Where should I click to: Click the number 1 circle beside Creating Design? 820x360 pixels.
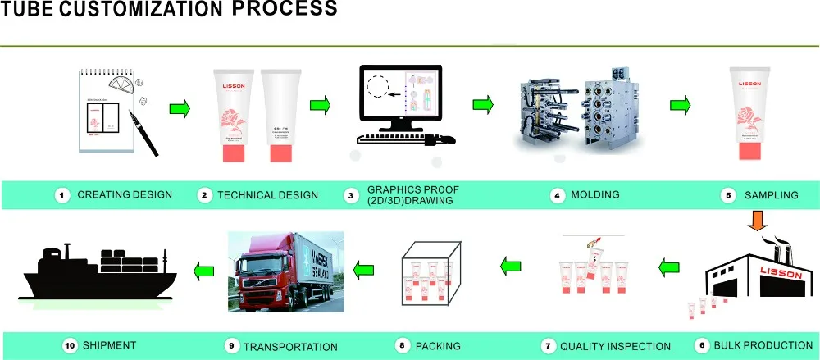[61, 195]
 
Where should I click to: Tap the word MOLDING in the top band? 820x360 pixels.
[596, 195]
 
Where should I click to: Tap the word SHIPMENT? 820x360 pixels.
[111, 345]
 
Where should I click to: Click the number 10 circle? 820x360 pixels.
[70, 345]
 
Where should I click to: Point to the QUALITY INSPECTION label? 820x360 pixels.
[615, 346]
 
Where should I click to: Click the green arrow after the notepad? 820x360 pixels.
[180, 107]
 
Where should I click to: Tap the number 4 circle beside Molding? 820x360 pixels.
[558, 195]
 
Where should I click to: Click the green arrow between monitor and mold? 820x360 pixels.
[483, 105]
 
